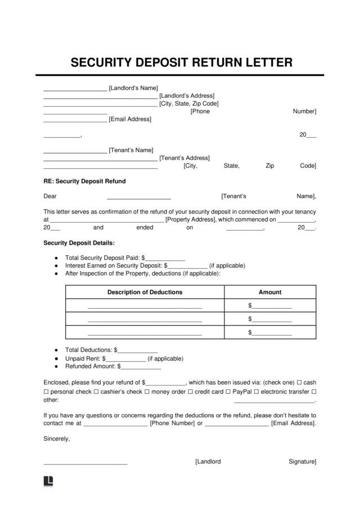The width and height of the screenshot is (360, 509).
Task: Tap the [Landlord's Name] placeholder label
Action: coord(133,88)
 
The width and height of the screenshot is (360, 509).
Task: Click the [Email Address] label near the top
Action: coord(130,119)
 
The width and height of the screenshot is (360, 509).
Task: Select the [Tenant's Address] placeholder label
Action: coord(184,158)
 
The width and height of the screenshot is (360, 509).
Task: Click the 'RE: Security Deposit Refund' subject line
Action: coord(84,181)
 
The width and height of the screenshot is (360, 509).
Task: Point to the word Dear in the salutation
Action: coord(50,196)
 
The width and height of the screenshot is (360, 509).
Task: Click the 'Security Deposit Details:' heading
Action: coord(79,243)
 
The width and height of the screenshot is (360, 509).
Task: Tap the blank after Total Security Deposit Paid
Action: coord(165,258)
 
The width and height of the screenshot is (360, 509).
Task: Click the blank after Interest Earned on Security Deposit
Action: coord(188,265)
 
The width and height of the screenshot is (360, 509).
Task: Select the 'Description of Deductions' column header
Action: coord(145,292)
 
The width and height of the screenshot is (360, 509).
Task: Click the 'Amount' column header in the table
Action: coord(270,292)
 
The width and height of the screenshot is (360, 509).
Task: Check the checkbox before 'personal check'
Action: coord(46,391)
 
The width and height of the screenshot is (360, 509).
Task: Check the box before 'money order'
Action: coord(147,391)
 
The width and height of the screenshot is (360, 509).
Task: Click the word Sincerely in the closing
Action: coord(56,439)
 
